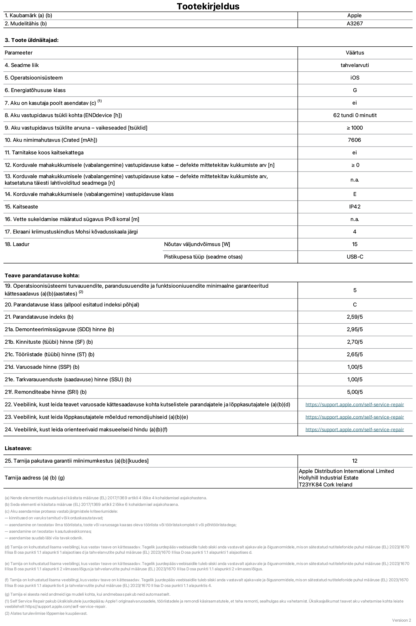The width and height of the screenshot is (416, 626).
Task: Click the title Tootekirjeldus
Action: point(208,6)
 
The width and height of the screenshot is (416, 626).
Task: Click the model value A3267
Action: point(355,23)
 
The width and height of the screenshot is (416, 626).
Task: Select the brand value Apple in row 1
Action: point(354,15)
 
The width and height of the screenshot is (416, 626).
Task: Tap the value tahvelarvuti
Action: point(355,65)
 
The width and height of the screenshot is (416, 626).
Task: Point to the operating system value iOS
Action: point(355,78)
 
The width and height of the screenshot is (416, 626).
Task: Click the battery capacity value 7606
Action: point(354,140)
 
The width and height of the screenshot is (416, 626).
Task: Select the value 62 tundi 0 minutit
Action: point(355,115)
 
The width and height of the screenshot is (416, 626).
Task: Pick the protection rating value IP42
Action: point(355,207)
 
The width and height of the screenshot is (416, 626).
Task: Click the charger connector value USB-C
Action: point(355,257)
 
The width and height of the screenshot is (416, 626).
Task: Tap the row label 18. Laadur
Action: point(17,244)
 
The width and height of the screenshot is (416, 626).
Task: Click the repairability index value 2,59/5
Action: point(355,317)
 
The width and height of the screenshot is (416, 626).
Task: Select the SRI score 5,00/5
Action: point(355,392)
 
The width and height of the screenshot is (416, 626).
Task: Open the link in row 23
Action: point(355,417)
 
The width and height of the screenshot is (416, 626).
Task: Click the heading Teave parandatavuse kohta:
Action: point(42,275)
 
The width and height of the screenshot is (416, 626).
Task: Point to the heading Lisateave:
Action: point(18,448)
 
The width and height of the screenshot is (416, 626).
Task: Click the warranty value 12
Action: point(355,461)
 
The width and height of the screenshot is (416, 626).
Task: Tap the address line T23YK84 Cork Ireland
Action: point(325,485)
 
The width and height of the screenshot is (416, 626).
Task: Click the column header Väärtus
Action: point(355,53)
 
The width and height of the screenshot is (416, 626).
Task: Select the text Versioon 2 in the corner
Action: point(401,620)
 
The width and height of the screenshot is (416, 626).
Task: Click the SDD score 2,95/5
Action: point(355,329)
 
